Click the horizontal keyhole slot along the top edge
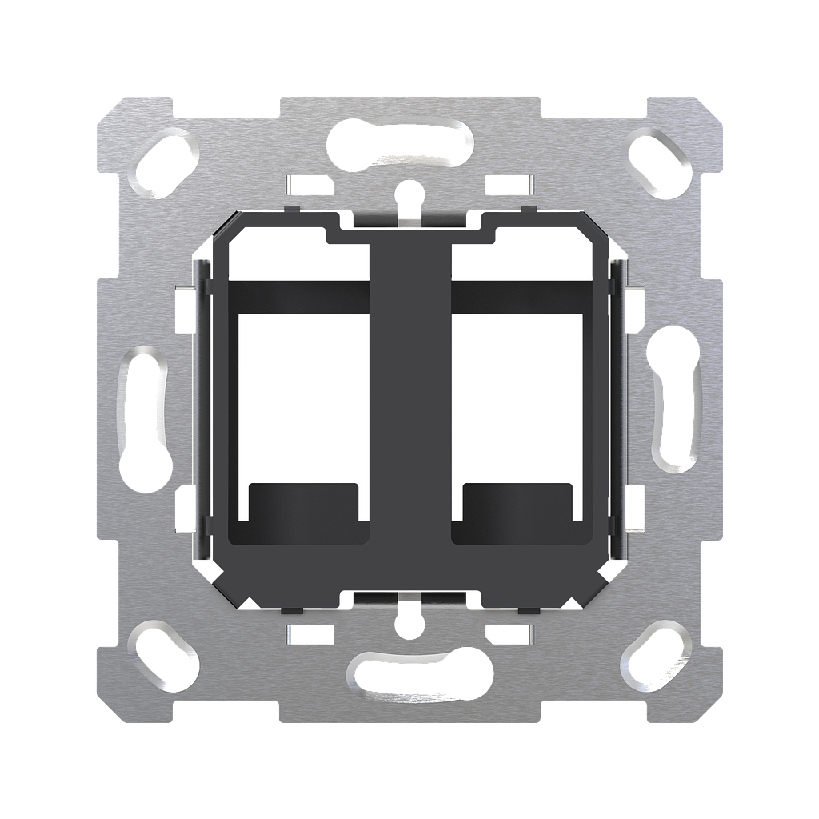[400, 143]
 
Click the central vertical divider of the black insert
[409, 400]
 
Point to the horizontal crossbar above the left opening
[302, 296]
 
